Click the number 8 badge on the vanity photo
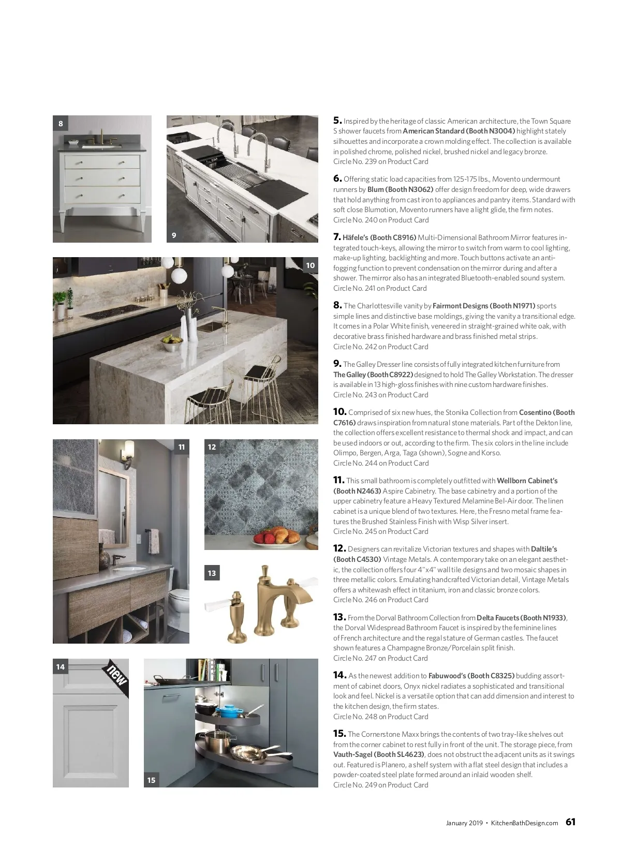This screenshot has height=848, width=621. (x=61, y=124)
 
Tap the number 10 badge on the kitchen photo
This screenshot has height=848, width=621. (x=310, y=265)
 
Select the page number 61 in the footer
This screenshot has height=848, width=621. (x=570, y=822)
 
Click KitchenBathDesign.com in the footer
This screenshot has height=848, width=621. (x=524, y=823)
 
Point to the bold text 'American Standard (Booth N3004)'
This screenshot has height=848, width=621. (x=459, y=131)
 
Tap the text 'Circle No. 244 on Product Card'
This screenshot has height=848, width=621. (x=381, y=463)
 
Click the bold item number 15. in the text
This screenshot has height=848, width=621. (x=339, y=734)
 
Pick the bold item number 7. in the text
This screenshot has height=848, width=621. (x=337, y=237)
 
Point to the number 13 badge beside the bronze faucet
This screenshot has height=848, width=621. (x=212, y=573)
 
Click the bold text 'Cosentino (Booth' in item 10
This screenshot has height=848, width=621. (x=546, y=412)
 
